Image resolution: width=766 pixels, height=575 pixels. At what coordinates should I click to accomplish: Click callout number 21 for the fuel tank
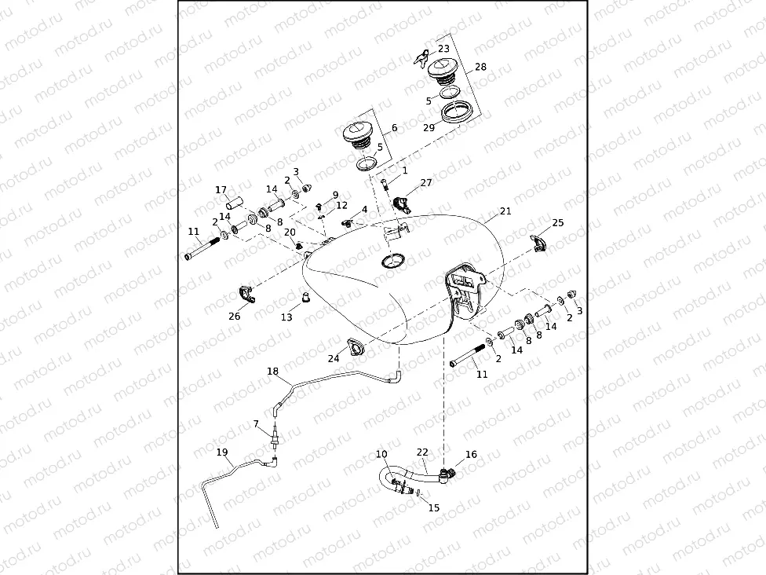pos(505,211)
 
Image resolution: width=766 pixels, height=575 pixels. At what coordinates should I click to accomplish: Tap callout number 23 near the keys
pos(443,49)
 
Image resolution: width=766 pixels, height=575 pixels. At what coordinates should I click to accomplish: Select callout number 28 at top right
pos(480,67)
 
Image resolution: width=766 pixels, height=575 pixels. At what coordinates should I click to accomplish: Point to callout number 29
pos(429,127)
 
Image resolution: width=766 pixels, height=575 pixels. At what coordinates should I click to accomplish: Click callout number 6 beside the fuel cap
pos(393,127)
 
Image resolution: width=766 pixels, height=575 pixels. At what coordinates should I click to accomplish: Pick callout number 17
pos(221,189)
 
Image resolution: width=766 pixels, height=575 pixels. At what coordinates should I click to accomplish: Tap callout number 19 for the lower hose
pos(222,452)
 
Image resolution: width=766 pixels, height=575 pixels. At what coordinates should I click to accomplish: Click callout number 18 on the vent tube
pos(272,371)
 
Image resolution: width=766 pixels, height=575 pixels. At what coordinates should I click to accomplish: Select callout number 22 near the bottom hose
pos(422,452)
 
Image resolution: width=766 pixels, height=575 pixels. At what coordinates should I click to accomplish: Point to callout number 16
pos(471,454)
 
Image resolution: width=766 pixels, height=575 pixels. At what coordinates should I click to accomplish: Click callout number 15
pos(433,507)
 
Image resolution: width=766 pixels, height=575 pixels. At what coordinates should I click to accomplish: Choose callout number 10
pos(381,454)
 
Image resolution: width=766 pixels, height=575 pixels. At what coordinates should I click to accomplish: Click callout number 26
pos(234,317)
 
